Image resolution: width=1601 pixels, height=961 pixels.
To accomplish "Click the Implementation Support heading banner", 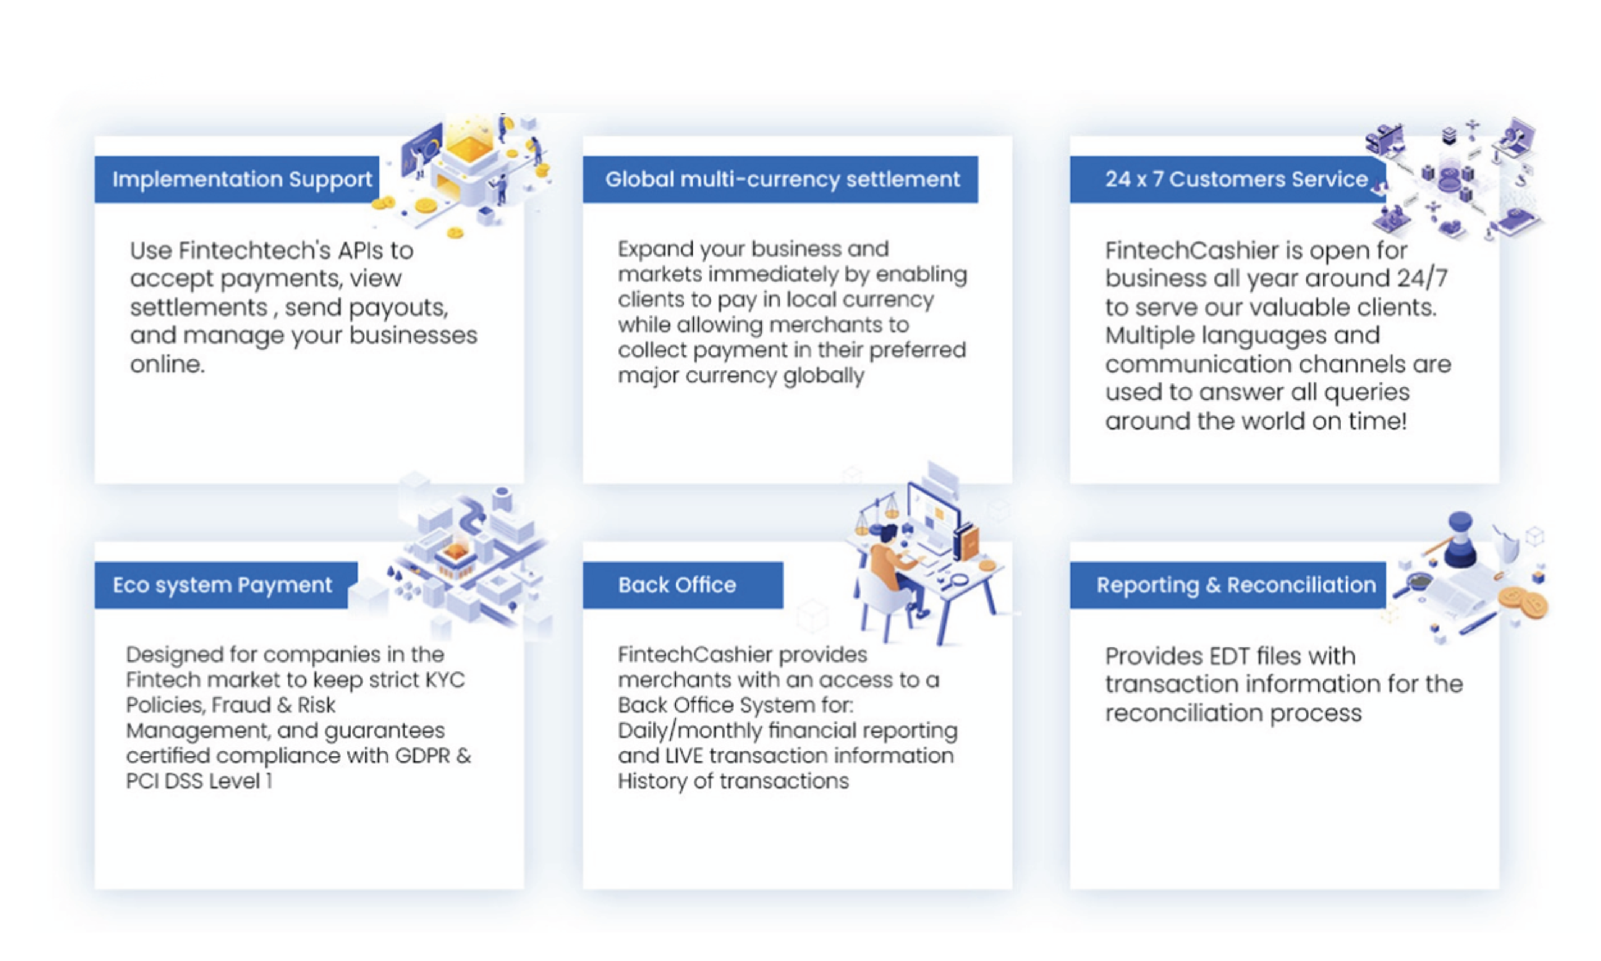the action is pos(237,179).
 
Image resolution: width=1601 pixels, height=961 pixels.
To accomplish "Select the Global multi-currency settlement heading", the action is pos(781,179).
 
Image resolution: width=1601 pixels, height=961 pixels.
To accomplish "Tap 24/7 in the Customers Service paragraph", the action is pos(1422,279).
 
